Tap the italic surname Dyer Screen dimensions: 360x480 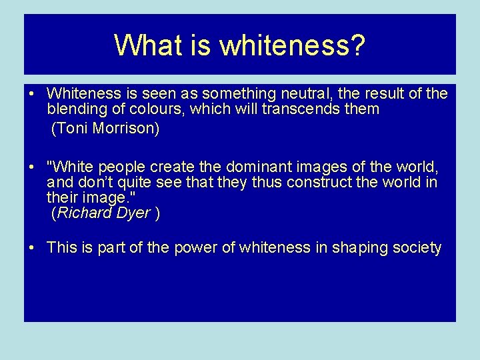pos(133,213)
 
